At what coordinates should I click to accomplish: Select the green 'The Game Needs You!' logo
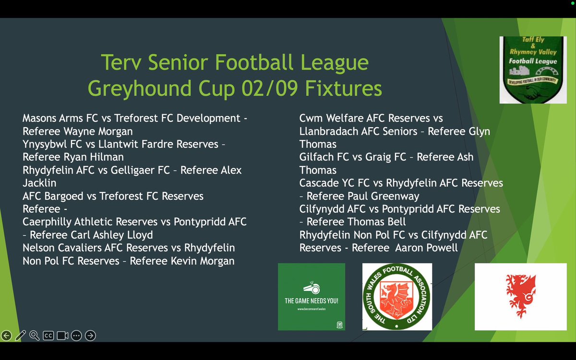(312, 296)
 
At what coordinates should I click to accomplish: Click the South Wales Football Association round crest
(397, 296)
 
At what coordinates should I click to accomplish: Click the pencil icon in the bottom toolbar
(20, 336)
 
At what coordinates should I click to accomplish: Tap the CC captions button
(48, 336)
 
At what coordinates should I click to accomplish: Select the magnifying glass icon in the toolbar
(34, 336)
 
